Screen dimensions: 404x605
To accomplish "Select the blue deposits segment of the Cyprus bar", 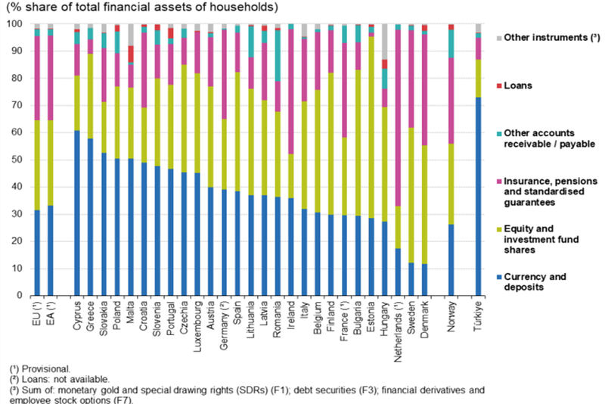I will pyautogui.click(x=77, y=213).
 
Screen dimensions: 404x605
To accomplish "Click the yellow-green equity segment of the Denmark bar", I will pyautogui.click(x=424, y=204).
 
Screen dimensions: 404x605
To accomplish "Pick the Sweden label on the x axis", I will pyautogui.click(x=411, y=316).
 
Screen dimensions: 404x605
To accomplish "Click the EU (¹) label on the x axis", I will pyautogui.click(x=36, y=314).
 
